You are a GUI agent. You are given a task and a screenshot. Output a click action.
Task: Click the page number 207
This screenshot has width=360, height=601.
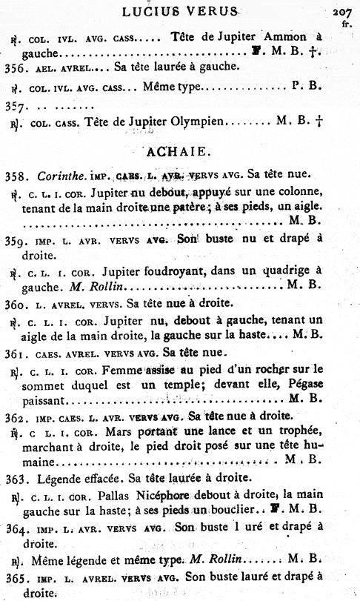[x=343, y=11]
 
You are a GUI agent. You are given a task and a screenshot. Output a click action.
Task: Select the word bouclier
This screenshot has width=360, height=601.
[x=261, y=508]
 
